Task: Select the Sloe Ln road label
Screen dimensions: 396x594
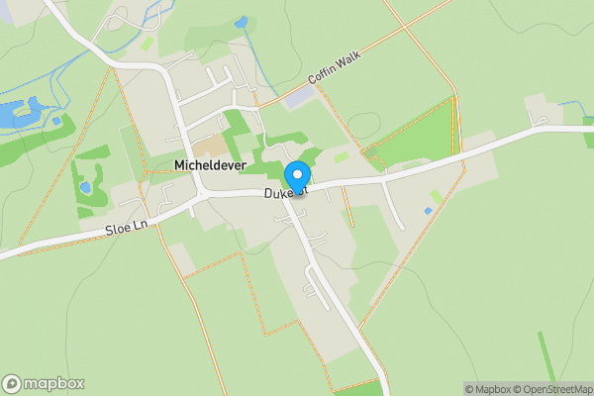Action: [126, 228]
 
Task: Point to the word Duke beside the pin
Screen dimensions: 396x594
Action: [277, 195]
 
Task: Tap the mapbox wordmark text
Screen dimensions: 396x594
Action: [54, 384]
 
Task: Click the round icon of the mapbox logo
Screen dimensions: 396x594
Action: [13, 384]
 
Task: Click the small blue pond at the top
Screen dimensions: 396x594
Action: [242, 21]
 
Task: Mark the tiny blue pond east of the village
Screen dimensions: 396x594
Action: [428, 211]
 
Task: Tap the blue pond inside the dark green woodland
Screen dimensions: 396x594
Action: [84, 187]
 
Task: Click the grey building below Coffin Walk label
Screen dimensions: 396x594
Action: [300, 96]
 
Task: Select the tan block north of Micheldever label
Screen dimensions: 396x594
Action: [209, 146]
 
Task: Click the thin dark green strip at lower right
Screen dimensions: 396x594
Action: [546, 356]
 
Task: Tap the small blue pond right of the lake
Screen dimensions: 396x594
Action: [56, 121]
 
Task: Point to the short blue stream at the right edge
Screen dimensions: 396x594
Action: [574, 104]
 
